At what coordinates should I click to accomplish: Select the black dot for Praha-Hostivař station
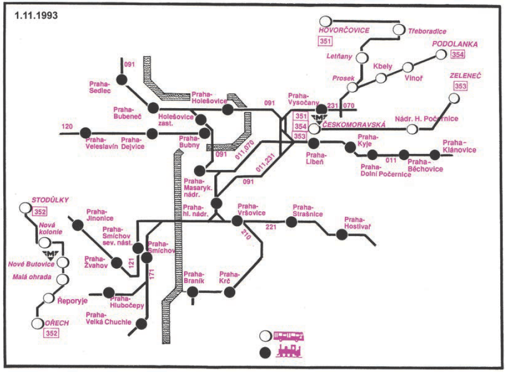(x=342, y=234)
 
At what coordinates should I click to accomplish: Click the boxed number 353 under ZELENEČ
(x=461, y=86)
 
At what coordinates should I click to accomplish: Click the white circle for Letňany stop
(x=362, y=57)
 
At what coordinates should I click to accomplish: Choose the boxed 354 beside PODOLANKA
(x=457, y=54)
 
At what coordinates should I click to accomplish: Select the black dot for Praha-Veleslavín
(x=85, y=132)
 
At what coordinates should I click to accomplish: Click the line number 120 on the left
(x=67, y=127)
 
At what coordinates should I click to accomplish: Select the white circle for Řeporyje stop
(x=48, y=298)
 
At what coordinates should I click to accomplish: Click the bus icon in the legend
(x=289, y=335)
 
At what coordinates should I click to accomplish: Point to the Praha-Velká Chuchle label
(x=109, y=318)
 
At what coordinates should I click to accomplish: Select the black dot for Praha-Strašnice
(x=291, y=222)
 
